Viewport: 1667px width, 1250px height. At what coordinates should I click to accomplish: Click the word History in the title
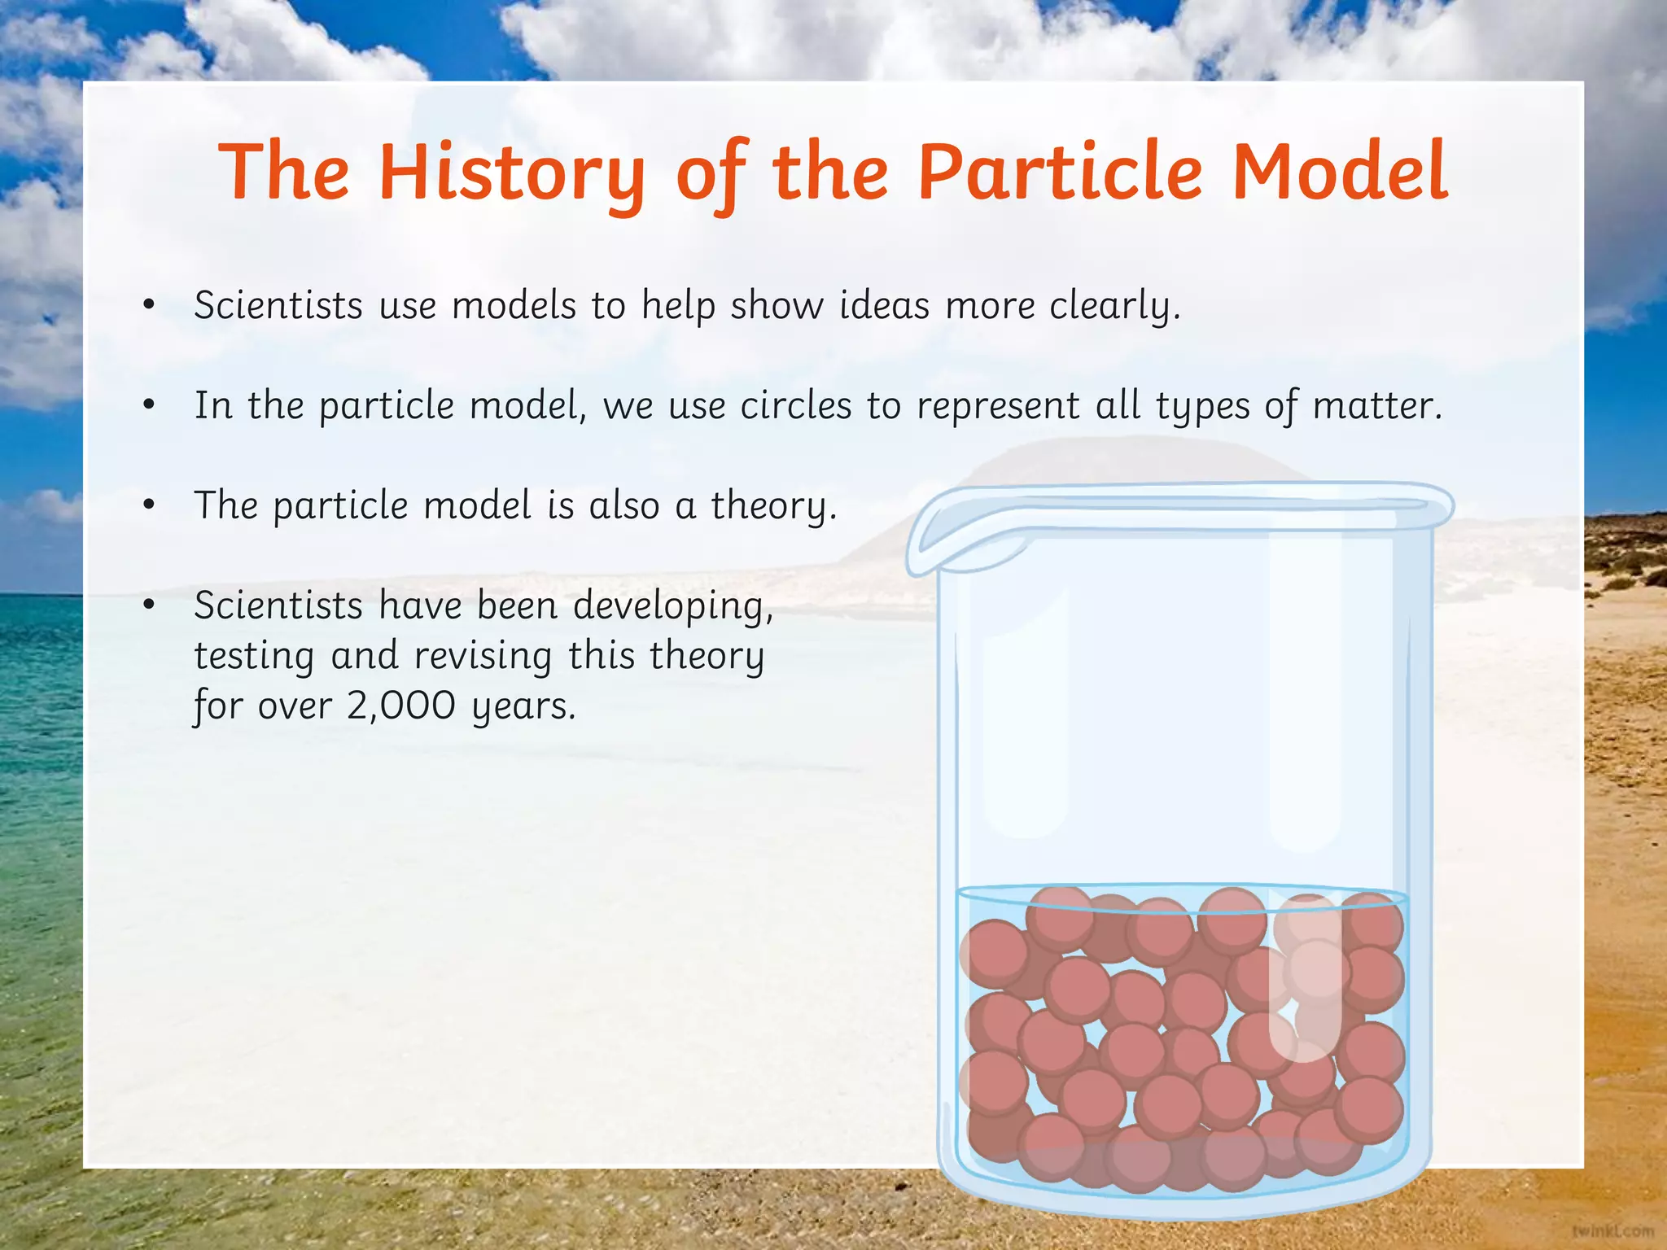pos(511,173)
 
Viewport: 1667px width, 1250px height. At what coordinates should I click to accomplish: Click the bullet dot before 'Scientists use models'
pos(148,306)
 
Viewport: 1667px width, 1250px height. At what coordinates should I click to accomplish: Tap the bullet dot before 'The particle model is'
pos(148,506)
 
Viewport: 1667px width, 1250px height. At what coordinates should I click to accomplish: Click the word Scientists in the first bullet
pos(278,306)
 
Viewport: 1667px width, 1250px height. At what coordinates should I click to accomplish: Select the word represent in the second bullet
pos(998,406)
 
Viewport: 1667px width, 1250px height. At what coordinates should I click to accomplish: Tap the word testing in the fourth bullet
pos(254,656)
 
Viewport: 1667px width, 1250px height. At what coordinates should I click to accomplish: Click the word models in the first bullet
pos(514,306)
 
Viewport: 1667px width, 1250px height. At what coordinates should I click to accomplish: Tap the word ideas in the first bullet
pos(884,306)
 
